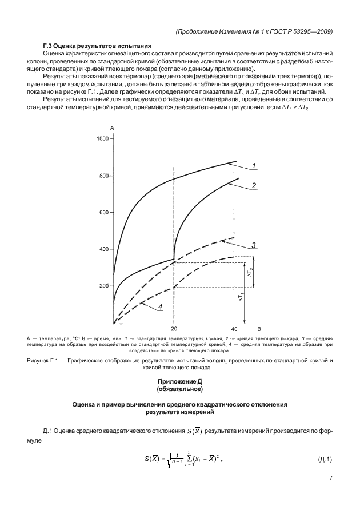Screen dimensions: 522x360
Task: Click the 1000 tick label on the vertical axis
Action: tap(102, 138)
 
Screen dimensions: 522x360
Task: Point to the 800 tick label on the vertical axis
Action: tap(103, 176)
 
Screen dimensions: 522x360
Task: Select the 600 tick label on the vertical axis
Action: tap(103, 213)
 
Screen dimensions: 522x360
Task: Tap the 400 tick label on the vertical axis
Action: tap(103, 249)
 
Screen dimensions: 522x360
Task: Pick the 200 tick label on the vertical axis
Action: tap(103, 286)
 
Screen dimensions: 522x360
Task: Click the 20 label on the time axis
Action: tap(174, 330)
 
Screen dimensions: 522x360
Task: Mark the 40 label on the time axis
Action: tap(234, 330)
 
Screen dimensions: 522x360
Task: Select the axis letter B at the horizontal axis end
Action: tap(258, 330)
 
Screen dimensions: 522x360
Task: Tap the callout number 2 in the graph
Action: tap(253, 185)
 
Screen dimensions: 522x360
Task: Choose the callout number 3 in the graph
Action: tap(253, 245)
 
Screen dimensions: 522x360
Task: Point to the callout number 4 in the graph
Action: tap(161, 307)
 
